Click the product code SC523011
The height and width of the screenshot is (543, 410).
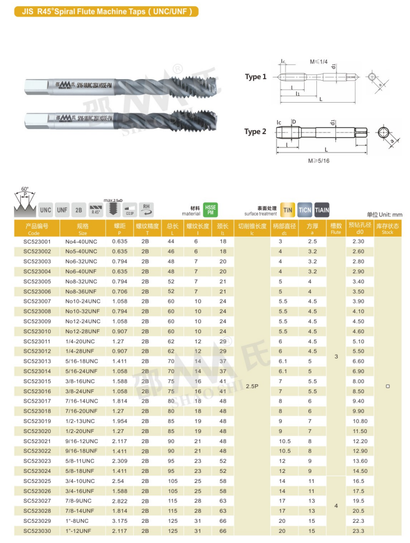[x=37, y=341]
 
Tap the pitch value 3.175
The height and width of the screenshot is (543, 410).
[x=119, y=521]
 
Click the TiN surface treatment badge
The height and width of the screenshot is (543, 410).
[x=287, y=210]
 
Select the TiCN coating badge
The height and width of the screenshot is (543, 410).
[x=305, y=210]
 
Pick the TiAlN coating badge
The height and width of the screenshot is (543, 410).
[x=322, y=210]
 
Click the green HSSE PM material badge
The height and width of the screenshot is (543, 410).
[x=210, y=210]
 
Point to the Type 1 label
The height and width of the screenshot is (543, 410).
[x=255, y=77]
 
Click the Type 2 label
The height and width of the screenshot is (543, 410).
[x=255, y=132]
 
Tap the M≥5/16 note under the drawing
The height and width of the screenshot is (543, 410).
[x=319, y=160]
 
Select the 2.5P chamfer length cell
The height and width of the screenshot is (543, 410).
[x=252, y=386]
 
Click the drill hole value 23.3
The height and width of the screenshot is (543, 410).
[x=358, y=531]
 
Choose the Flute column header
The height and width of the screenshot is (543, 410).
[x=336, y=229]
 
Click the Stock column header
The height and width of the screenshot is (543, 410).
[x=387, y=229]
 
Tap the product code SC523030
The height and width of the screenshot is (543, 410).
[x=37, y=531]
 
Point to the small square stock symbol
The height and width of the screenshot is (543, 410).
[x=388, y=386]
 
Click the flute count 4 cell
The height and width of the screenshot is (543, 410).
[x=336, y=506]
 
